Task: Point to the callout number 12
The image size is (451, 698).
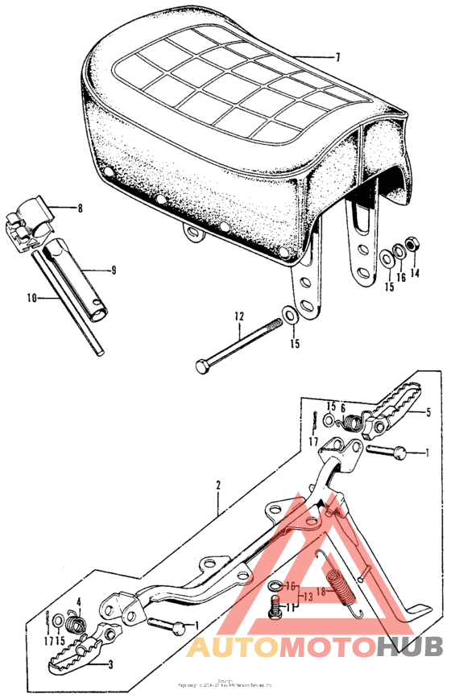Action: (x=238, y=316)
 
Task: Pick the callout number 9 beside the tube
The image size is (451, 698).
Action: (x=114, y=271)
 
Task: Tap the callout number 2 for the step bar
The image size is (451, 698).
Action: (x=217, y=485)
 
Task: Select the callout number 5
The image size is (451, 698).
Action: (x=428, y=412)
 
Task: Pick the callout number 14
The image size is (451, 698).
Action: (x=415, y=273)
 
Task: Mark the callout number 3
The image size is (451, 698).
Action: (x=110, y=665)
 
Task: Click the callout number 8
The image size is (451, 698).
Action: (x=80, y=209)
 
